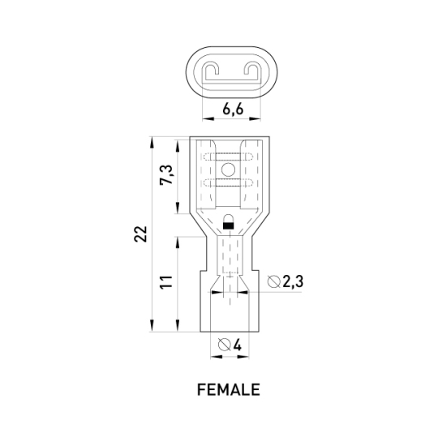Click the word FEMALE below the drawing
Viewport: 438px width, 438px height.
(229, 389)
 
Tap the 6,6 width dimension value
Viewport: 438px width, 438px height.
(234, 109)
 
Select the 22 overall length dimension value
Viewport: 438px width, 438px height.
(140, 234)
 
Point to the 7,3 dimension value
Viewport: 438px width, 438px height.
(166, 175)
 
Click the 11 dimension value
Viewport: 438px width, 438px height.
(166, 282)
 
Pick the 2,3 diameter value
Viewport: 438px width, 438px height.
(293, 281)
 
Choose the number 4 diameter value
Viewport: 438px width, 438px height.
(237, 345)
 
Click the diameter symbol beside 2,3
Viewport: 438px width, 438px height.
(274, 281)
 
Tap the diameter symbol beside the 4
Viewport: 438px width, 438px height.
(225, 345)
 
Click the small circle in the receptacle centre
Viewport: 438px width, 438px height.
(228, 170)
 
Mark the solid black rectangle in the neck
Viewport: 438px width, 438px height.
(229, 225)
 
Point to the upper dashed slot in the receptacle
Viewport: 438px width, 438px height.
(228, 157)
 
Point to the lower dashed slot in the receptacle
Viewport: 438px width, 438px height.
(228, 182)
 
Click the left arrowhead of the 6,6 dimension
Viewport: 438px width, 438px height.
(208, 118)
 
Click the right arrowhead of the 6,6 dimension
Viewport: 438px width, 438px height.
(255, 118)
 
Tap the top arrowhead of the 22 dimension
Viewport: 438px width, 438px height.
(152, 143)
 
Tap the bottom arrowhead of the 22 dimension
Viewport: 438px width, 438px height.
(152, 326)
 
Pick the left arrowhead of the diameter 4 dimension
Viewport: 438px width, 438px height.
(217, 357)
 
